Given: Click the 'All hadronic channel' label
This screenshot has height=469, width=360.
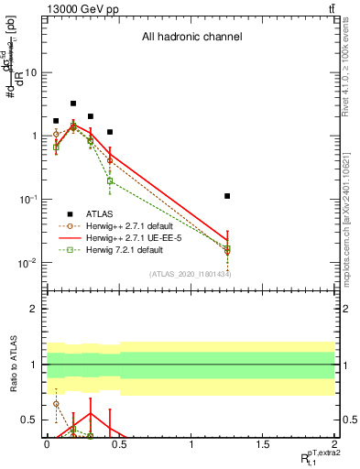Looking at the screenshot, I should (191, 38).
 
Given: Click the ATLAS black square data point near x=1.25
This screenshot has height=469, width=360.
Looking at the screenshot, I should (227, 196).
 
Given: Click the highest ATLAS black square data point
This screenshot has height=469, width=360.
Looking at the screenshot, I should (73, 104).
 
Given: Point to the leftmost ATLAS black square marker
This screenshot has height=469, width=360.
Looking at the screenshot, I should (56, 121).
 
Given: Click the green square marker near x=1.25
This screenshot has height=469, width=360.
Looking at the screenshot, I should (227, 248).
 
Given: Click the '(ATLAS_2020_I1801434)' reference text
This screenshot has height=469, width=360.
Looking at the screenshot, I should (189, 274).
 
